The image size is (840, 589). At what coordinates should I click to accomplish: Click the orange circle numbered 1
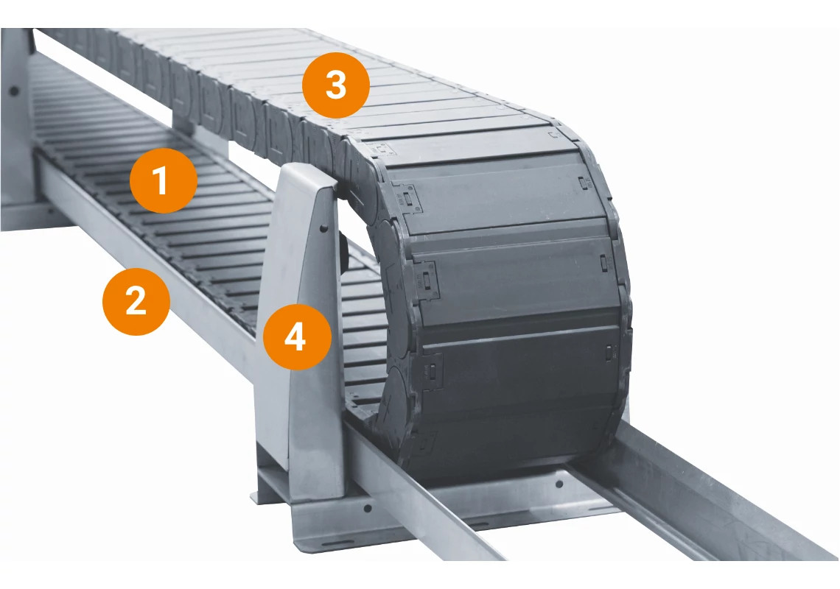pyautogui.click(x=163, y=180)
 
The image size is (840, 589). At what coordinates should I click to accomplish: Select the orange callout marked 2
pyautogui.click(x=136, y=302)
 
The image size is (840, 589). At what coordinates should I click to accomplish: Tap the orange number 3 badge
pyautogui.click(x=335, y=85)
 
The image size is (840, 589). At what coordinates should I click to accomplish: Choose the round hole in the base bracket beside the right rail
pyautogui.click(x=558, y=484)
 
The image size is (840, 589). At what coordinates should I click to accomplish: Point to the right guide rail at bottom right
pyautogui.click(x=707, y=501)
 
